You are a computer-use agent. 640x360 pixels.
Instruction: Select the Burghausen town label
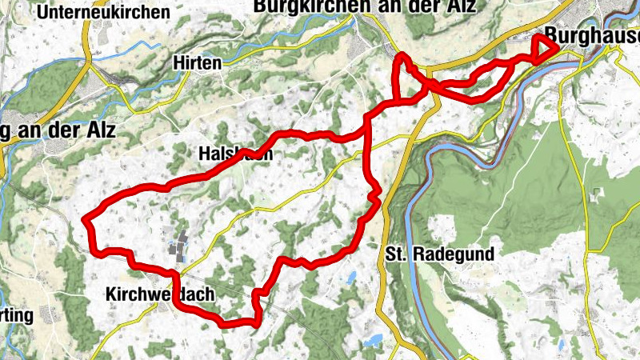point(592,37)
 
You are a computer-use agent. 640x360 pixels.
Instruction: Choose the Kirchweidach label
point(160,294)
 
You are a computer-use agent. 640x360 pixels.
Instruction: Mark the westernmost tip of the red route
point(86,218)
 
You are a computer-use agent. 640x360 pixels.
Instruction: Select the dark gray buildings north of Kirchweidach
point(178,245)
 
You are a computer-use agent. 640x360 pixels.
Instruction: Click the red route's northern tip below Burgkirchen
point(402,58)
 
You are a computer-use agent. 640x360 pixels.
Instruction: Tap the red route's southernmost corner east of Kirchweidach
point(256,323)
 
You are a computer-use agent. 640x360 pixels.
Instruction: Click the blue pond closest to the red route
point(351,278)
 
